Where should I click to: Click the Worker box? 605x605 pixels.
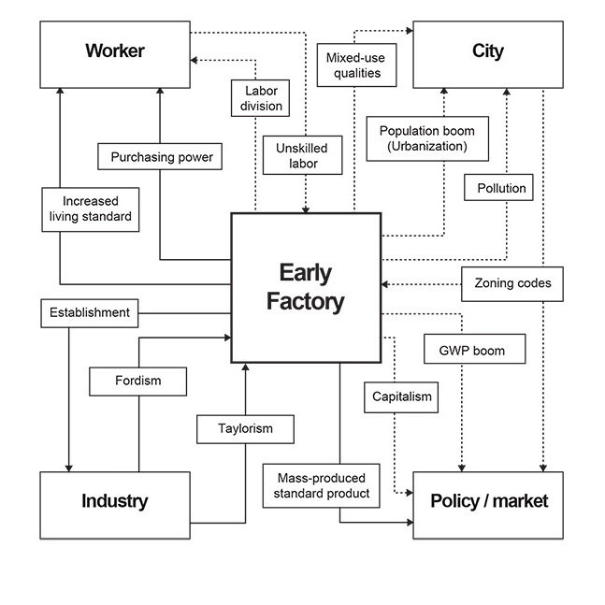point(115,51)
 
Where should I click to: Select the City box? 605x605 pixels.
point(487,51)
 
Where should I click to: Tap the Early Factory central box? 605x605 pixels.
point(306,287)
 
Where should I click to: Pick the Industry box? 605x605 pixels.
point(115,502)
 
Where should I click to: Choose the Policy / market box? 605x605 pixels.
point(488,502)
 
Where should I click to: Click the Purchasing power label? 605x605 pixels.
point(161,157)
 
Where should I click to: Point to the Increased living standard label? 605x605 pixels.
point(91,209)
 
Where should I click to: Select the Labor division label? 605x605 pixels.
point(261,98)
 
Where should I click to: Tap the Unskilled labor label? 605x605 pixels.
point(302,156)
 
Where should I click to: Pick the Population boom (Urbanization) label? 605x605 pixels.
point(426,139)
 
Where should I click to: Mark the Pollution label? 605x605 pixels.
point(501,188)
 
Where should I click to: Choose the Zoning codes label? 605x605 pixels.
point(512,283)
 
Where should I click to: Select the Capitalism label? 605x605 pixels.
point(401,396)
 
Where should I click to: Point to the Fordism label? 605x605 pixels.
point(137,381)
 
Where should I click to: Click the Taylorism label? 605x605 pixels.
point(245,429)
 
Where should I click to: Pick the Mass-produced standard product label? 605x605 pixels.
point(322,485)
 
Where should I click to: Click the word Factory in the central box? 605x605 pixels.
point(306,302)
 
